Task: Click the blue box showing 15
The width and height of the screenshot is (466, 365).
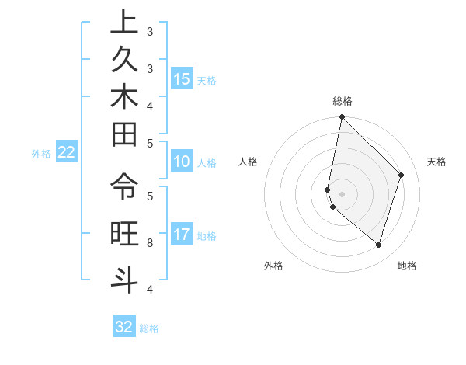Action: pyautogui.click(x=182, y=79)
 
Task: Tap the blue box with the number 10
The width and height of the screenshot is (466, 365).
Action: pyautogui.click(x=182, y=162)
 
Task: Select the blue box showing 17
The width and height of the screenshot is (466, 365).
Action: pyautogui.click(x=182, y=235)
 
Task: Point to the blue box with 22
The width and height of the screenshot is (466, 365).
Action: pyautogui.click(x=67, y=152)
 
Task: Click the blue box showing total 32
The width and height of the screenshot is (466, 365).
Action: pyautogui.click(x=124, y=327)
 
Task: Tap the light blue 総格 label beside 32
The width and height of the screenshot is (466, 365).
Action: pyautogui.click(x=149, y=328)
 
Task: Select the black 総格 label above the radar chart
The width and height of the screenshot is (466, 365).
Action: pyautogui.click(x=342, y=101)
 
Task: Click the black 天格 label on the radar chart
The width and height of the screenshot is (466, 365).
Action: pyautogui.click(x=436, y=162)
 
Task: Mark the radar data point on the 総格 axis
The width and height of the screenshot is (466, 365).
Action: pyautogui.click(x=342, y=117)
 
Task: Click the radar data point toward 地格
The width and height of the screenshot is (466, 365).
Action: pyautogui.click(x=378, y=245)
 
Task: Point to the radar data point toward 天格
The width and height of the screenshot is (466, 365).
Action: pyautogui.click(x=401, y=175)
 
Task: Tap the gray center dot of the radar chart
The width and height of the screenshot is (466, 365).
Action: pyautogui.click(x=342, y=193)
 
